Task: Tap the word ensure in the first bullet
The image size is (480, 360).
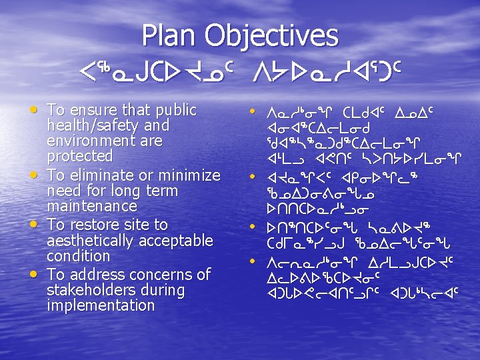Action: coord(91,110)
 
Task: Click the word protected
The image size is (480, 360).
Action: coord(79,157)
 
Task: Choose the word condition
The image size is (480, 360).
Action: coord(78,256)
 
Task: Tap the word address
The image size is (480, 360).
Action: coord(95,274)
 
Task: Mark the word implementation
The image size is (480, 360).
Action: coord(101,305)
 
